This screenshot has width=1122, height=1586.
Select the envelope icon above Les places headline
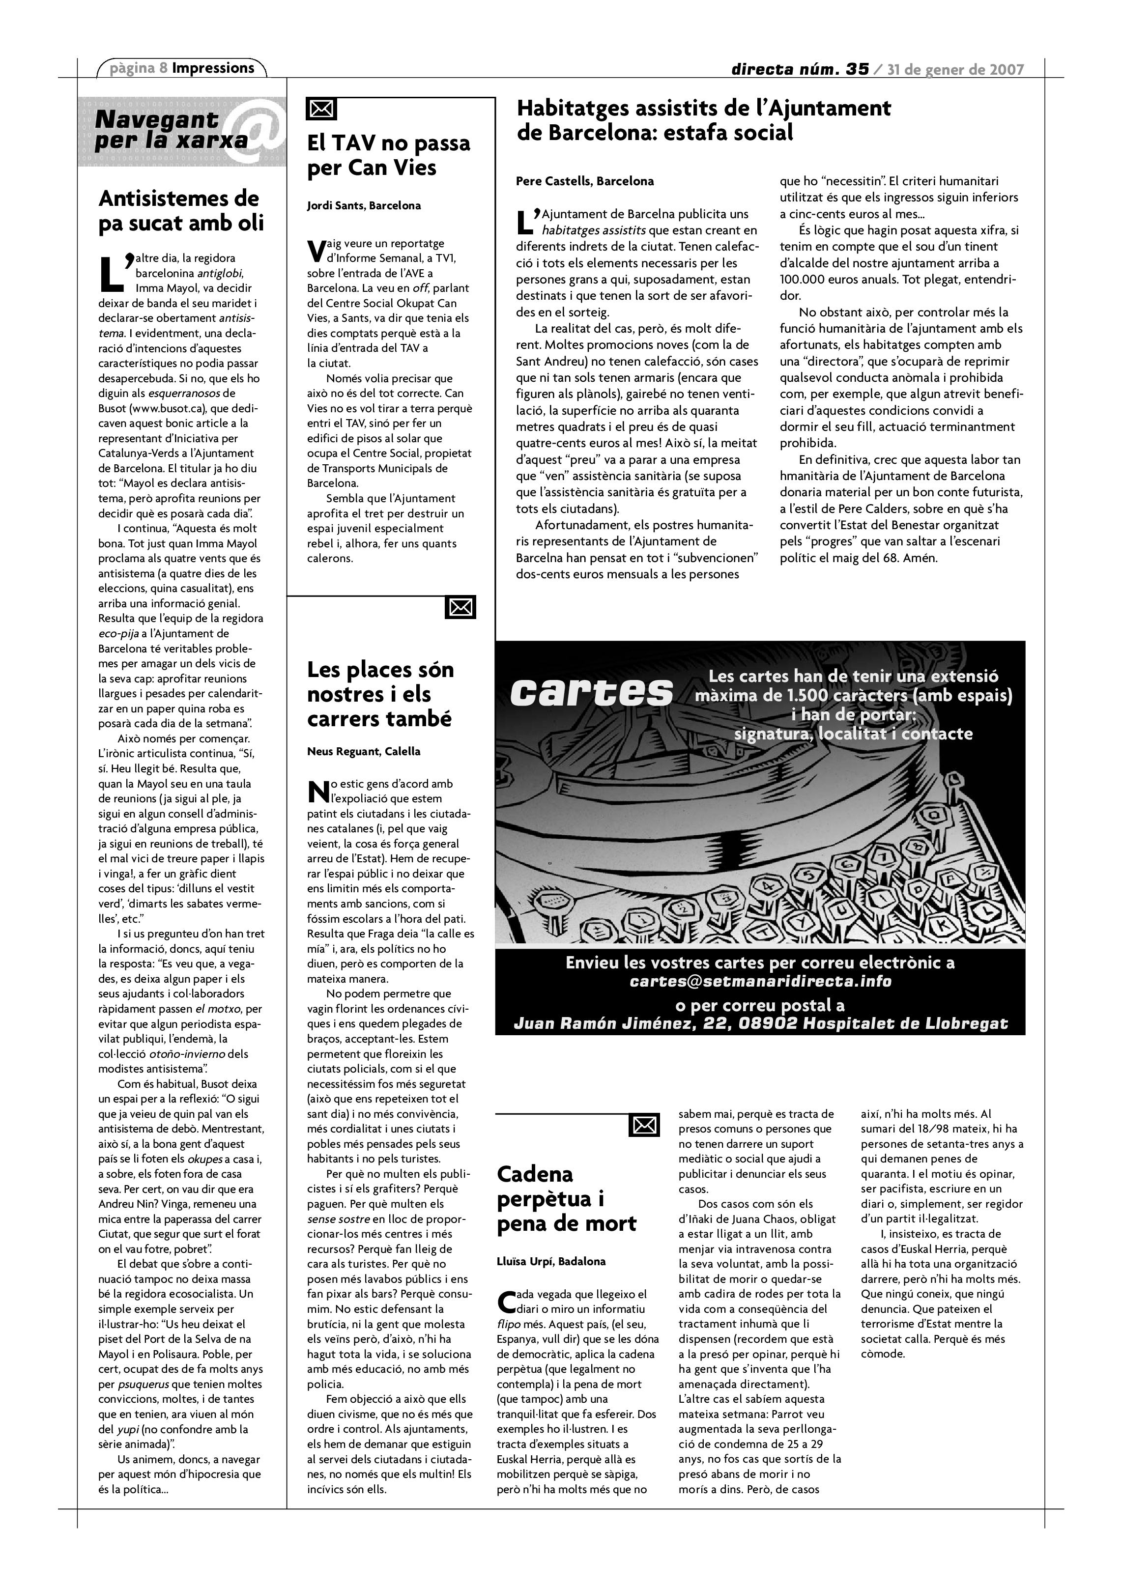[x=461, y=607]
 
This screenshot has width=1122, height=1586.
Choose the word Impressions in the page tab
[x=213, y=68]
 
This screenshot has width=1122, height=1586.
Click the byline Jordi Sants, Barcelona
[x=363, y=205]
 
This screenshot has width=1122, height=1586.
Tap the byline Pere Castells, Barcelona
[x=584, y=182]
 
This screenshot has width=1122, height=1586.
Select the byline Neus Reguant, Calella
[x=363, y=752]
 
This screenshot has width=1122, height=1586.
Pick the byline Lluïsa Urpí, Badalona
[x=550, y=1261]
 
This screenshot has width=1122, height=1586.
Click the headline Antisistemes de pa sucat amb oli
[x=181, y=211]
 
